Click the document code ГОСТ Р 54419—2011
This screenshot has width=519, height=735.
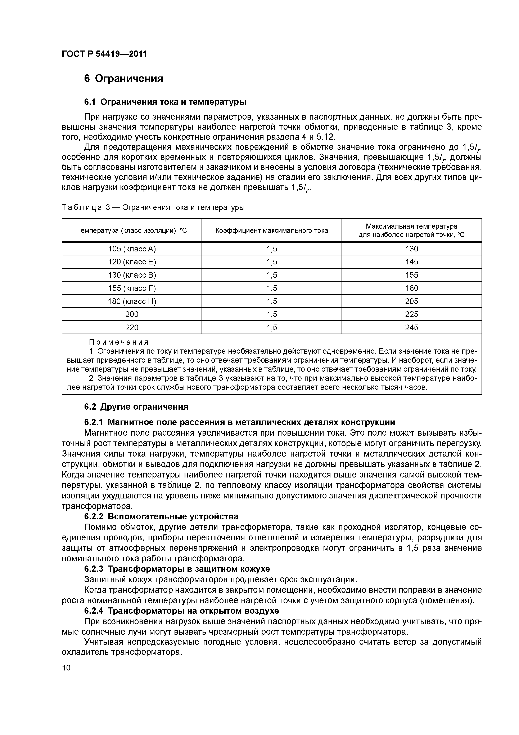click(104, 54)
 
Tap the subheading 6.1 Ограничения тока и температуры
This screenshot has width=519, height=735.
click(165, 102)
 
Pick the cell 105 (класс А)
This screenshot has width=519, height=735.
click(132, 249)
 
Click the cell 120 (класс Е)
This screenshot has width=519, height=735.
click(132, 262)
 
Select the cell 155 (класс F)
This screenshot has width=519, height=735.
click(132, 288)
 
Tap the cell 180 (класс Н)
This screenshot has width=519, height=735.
click(132, 301)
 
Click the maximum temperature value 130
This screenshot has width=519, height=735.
click(412, 249)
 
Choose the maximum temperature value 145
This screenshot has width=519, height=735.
click(412, 262)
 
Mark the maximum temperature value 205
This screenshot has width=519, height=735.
click(412, 301)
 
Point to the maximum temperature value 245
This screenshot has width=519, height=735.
click(412, 327)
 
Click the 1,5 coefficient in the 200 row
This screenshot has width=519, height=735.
click(272, 314)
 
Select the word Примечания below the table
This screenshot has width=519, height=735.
click(119, 342)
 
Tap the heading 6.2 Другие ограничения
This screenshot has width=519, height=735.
click(136, 407)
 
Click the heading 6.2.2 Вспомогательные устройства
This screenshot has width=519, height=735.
click(161, 517)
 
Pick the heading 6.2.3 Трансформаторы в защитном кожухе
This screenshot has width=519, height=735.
click(177, 569)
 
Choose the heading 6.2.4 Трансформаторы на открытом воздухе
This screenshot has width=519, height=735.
click(181, 611)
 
